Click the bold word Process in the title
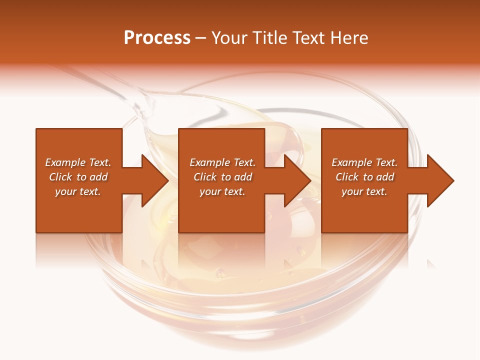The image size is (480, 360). (x=157, y=38)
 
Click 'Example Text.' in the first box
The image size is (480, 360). (x=78, y=162)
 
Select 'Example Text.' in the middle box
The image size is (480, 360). (x=222, y=162)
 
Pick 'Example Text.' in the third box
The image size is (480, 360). (x=364, y=162)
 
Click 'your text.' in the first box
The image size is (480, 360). (x=78, y=191)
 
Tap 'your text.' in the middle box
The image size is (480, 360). (x=222, y=191)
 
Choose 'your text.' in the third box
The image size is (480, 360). (x=364, y=191)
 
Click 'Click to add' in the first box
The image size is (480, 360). (x=78, y=177)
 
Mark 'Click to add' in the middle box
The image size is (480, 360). (x=222, y=177)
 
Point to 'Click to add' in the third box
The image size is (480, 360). (x=364, y=177)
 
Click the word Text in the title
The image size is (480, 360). (x=306, y=38)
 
